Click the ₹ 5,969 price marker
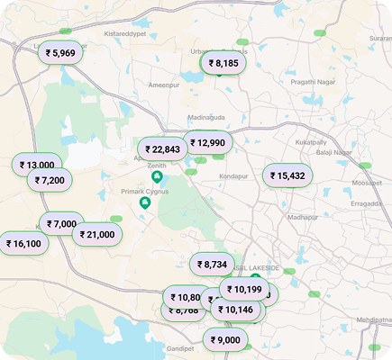click(x=61, y=53)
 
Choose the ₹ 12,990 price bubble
click(x=207, y=142)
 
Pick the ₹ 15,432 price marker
click(x=287, y=175)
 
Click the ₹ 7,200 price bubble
click(x=50, y=180)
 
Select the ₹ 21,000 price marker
click(x=96, y=234)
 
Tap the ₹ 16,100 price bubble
click(x=23, y=243)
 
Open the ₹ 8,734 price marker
click(x=213, y=265)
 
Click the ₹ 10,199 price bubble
click(x=243, y=290)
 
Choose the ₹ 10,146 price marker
click(x=236, y=309)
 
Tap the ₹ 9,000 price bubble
click(x=225, y=339)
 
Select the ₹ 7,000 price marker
click(x=61, y=224)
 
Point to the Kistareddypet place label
click(x=124, y=33)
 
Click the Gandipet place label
click(x=180, y=348)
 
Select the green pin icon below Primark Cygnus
click(x=144, y=202)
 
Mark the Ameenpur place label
click(x=164, y=85)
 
